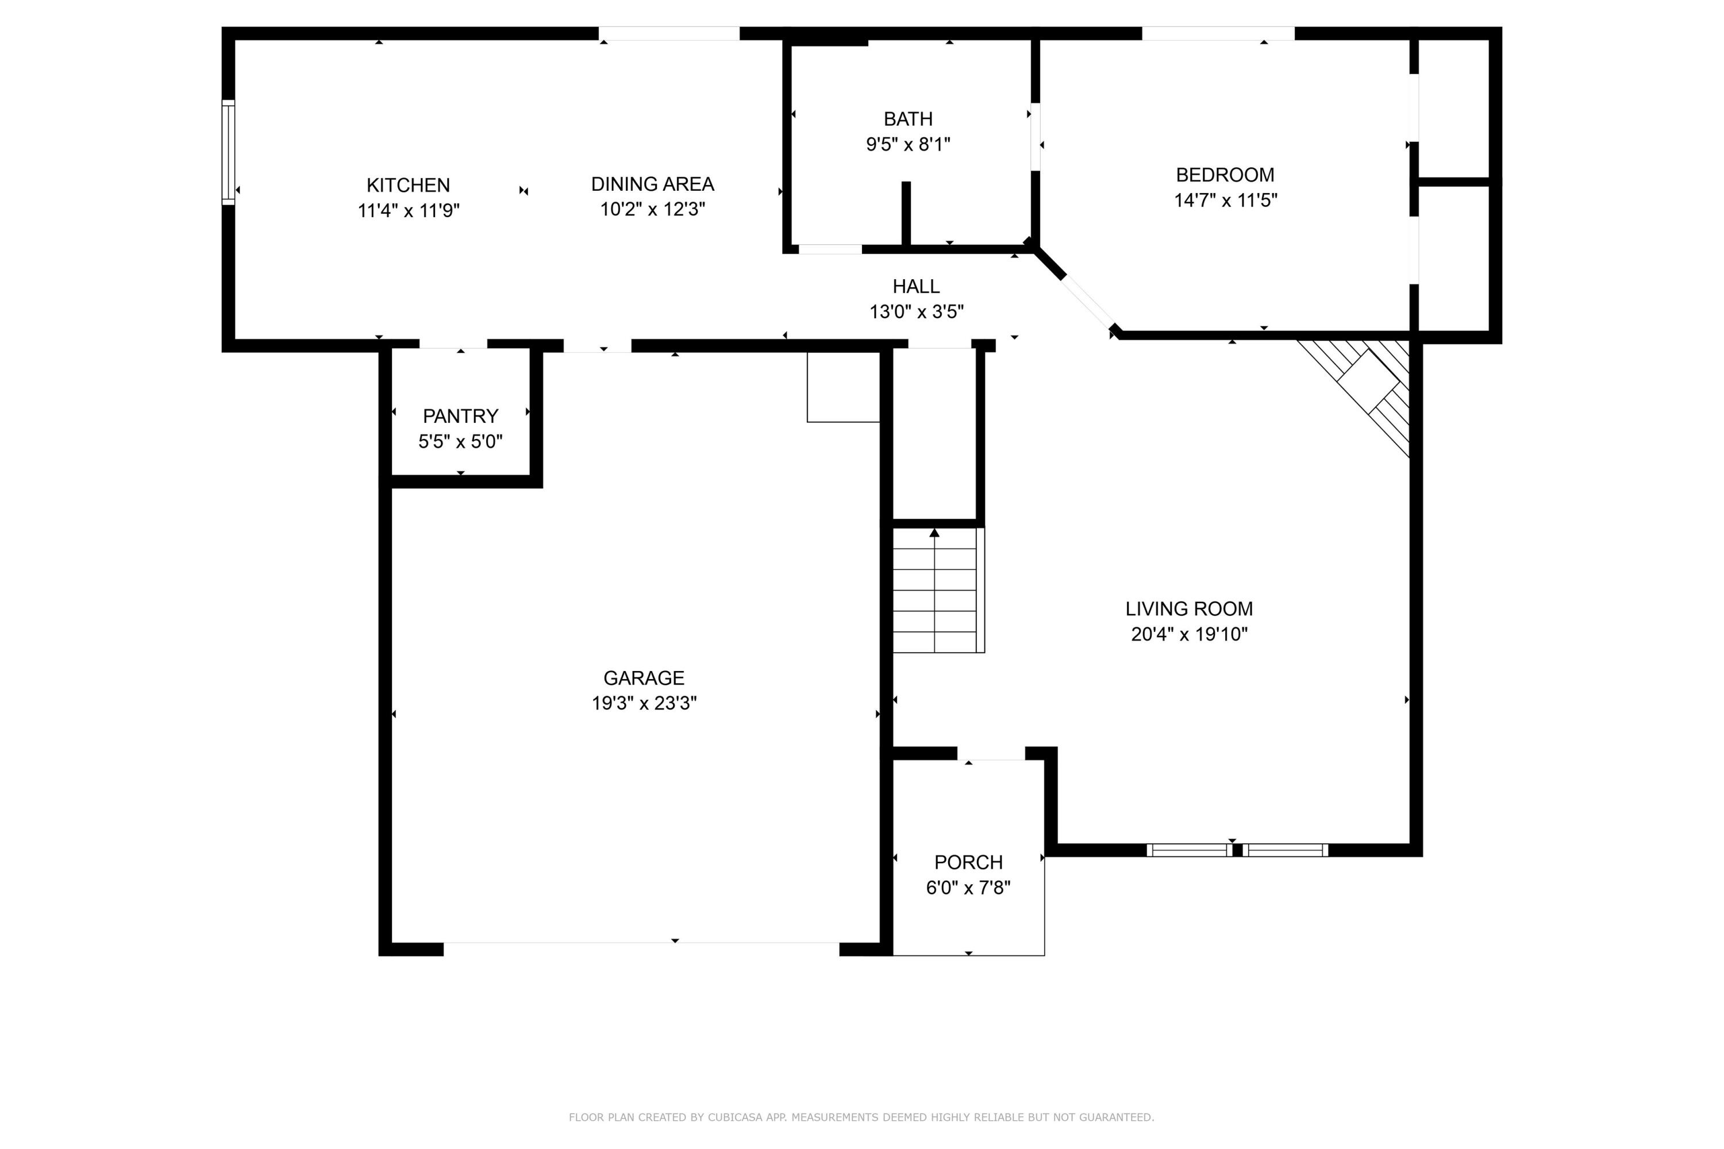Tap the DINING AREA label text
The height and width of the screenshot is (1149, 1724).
coord(652,184)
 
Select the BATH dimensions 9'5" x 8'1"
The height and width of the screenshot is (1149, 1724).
coord(907,144)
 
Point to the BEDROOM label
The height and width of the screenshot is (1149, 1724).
coord(1225,175)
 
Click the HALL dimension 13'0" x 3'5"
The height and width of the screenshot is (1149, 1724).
coord(916,312)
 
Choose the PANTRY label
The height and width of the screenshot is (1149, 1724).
coord(460,416)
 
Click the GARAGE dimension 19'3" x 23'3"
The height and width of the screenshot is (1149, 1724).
coord(644,703)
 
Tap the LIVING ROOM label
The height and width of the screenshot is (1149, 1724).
coord(1189,609)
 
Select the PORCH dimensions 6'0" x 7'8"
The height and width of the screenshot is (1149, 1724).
coord(968,888)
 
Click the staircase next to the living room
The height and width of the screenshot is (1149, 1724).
coord(937,591)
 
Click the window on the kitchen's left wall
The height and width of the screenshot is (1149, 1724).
coord(229,152)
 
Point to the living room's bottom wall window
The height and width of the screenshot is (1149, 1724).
coord(1237,850)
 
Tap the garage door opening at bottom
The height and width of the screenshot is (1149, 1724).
coord(641,949)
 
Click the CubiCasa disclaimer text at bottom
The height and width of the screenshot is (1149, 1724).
coord(861,1117)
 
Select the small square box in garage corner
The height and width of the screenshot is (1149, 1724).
coord(843,387)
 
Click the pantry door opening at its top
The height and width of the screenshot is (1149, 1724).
coord(453,344)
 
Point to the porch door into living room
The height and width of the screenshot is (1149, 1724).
coord(990,753)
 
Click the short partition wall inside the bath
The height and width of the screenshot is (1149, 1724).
coord(906,213)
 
